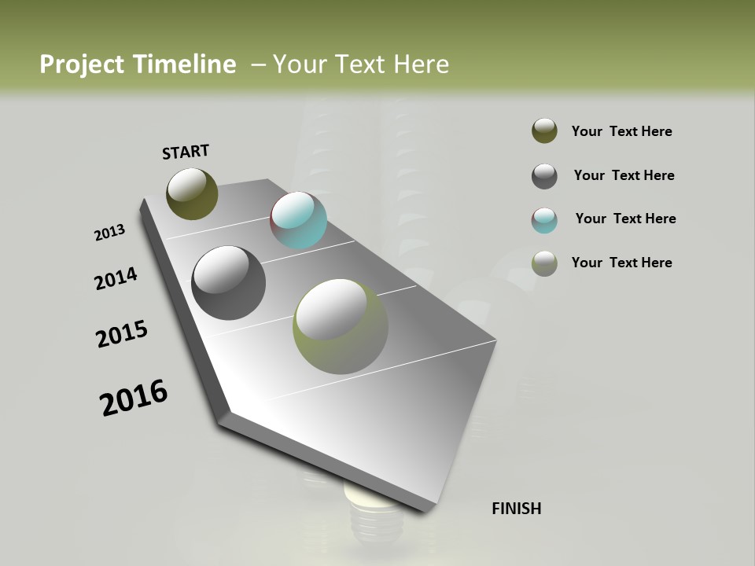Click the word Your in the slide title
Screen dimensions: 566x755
[x=299, y=64]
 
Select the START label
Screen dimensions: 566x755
[x=186, y=152]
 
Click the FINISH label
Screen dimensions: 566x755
[x=516, y=509]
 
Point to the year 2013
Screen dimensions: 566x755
[x=109, y=233]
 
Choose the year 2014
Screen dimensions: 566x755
[x=116, y=278]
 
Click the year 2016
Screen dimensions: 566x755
[x=134, y=398]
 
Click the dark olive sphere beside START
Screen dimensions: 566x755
[x=192, y=193]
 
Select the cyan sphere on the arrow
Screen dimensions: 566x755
[x=298, y=220]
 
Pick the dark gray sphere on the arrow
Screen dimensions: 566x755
[x=228, y=283]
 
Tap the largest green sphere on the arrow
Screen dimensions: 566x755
[x=340, y=326]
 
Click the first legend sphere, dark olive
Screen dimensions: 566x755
[x=544, y=131]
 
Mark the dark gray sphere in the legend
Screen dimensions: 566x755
[x=544, y=176]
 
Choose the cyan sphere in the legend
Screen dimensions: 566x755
[x=544, y=220]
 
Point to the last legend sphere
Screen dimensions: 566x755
[x=544, y=263]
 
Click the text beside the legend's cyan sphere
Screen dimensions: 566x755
[x=625, y=219]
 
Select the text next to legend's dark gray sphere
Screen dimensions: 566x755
[x=624, y=175]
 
